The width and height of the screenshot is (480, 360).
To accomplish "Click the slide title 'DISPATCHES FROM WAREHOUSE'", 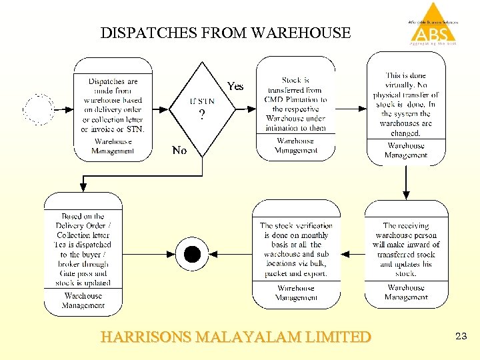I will (x=225, y=33).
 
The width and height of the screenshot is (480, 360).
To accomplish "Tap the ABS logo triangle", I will (x=433, y=25).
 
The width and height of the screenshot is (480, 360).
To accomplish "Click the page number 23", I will (x=461, y=337).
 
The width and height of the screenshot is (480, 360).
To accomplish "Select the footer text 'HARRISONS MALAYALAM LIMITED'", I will (x=235, y=337).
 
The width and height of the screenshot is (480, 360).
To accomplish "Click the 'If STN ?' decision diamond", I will (x=202, y=107).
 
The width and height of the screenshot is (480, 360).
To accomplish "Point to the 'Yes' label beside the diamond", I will (x=235, y=86).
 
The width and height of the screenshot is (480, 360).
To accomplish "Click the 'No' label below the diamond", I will (x=179, y=151).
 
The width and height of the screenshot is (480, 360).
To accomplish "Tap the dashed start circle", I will (x=39, y=109).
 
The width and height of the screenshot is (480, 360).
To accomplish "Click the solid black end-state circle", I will (x=192, y=254).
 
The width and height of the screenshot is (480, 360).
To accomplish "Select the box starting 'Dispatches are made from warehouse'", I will (x=113, y=105).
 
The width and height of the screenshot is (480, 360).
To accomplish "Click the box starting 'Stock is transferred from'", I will (x=295, y=104).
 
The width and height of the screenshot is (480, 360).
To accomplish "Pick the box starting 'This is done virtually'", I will (x=405, y=104).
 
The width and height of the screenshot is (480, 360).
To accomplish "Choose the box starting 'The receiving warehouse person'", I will (x=406, y=249).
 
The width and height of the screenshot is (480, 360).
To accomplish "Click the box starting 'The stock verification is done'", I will (x=295, y=249).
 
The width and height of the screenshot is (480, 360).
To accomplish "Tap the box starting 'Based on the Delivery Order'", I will (x=83, y=249).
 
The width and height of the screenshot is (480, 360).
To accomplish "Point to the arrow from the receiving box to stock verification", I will (x=352, y=254).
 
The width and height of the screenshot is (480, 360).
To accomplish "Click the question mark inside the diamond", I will (x=202, y=115).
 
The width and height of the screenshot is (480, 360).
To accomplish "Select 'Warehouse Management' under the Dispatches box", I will (x=113, y=146).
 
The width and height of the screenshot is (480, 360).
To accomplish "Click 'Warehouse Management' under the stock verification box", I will (x=295, y=292).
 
